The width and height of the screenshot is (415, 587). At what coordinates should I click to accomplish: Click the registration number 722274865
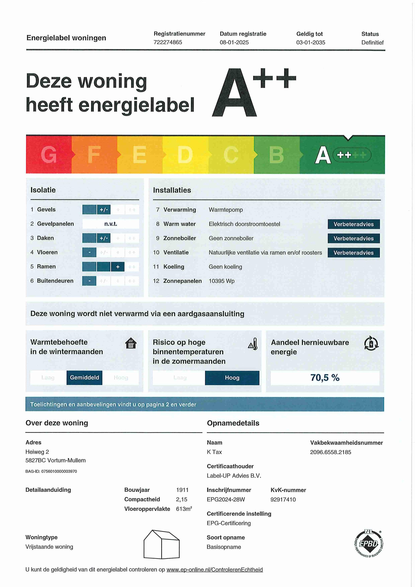pyautogui.click(x=168, y=42)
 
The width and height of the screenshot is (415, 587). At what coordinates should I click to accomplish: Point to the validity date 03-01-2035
pyautogui.click(x=310, y=42)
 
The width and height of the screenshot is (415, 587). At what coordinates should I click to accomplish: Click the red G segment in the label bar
pyautogui.click(x=49, y=155)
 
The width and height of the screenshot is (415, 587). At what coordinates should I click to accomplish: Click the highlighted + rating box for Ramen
pyautogui.click(x=118, y=267)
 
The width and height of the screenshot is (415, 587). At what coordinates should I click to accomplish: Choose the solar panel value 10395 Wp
pyautogui.click(x=222, y=281)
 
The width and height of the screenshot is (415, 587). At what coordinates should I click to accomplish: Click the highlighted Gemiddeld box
pyautogui.click(x=84, y=378)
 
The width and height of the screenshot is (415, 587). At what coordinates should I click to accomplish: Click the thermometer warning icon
pyautogui.click(x=253, y=344)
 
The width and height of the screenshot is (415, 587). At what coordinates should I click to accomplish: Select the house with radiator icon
pyautogui.click(x=131, y=343)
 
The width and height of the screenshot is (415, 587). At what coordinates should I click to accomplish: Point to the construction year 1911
pyautogui.click(x=182, y=490)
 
